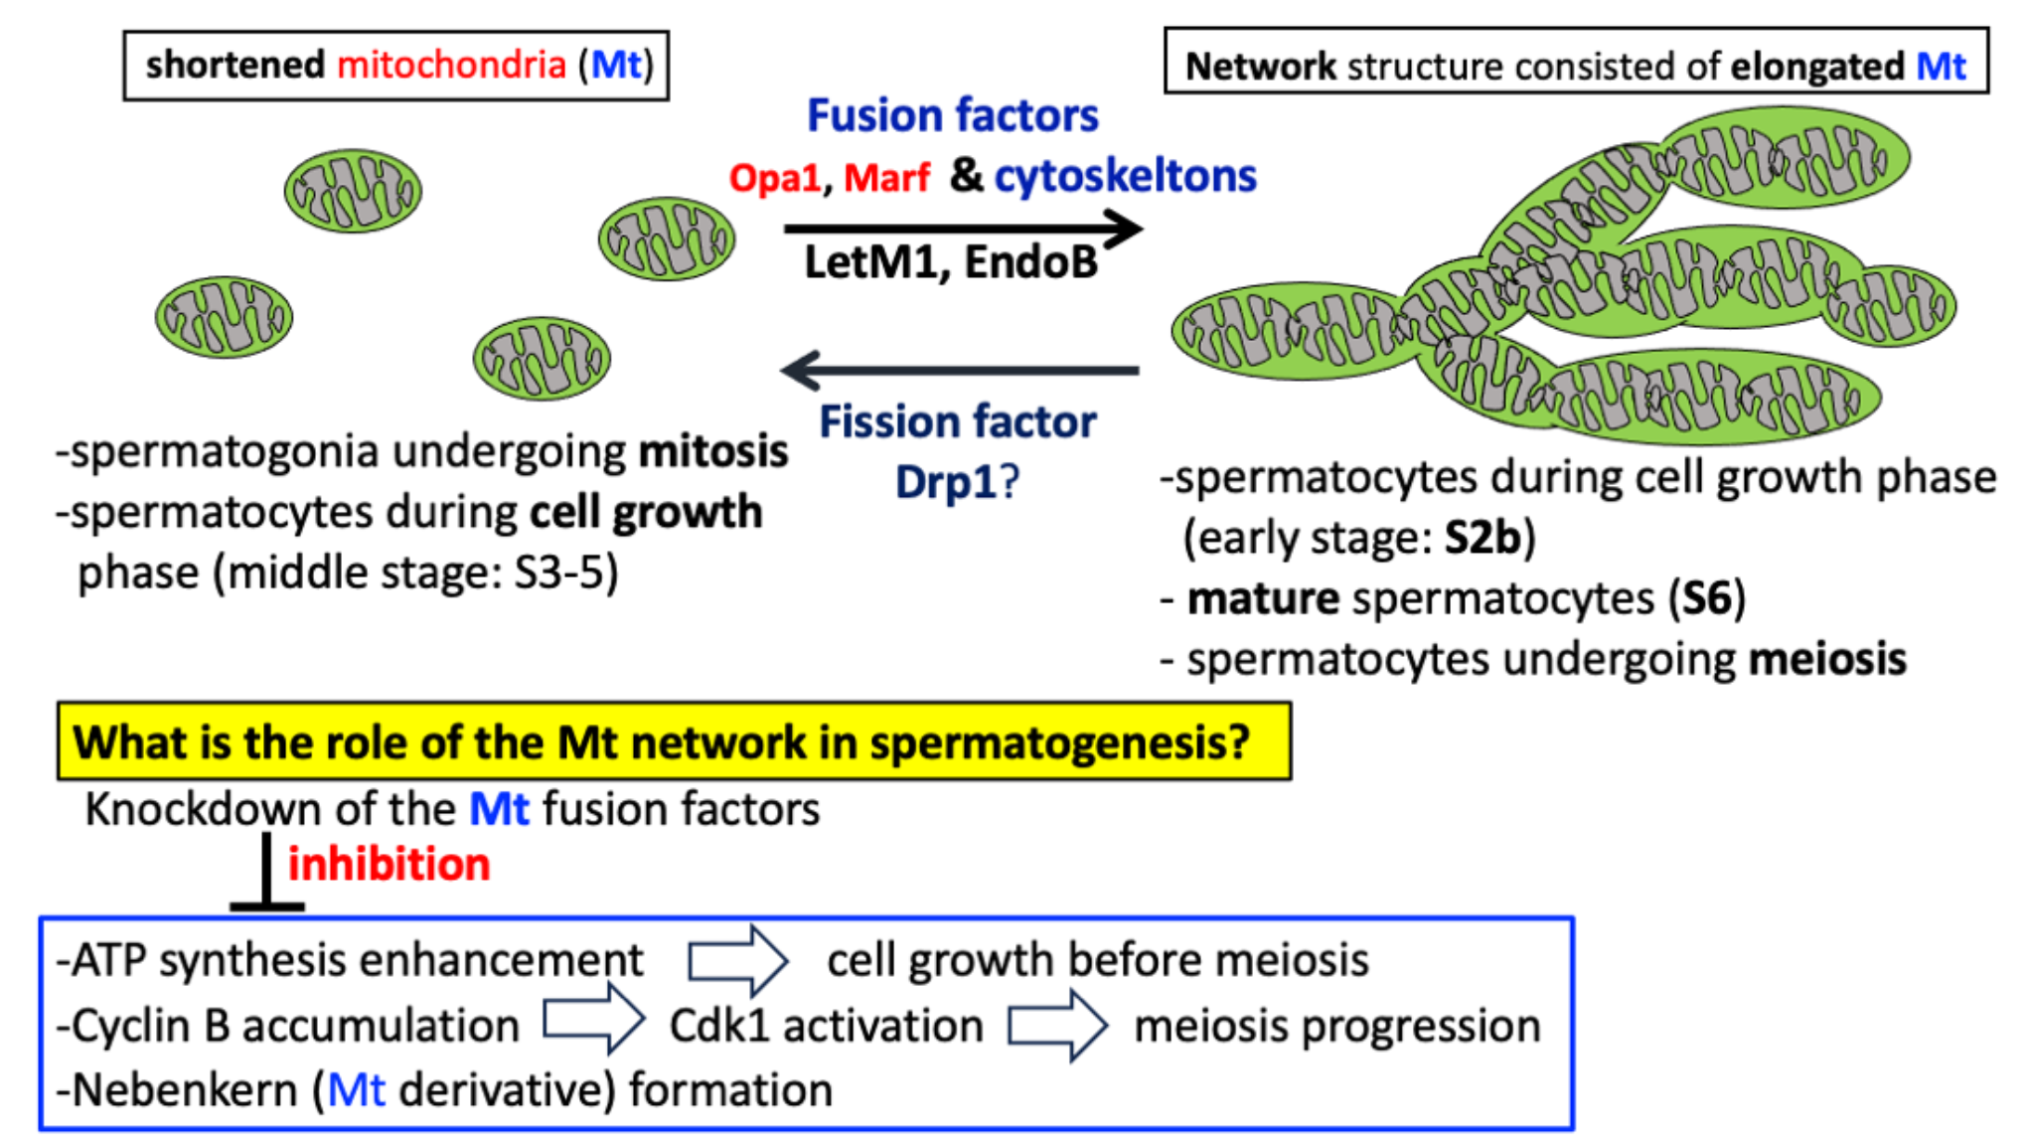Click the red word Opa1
tap(775, 179)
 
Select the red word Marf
tap(886, 179)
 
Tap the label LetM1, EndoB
tap(950, 263)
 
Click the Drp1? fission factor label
tap(957, 483)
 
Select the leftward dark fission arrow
tap(960, 370)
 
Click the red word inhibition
tap(389, 865)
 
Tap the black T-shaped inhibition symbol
tap(266, 875)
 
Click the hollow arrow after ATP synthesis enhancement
tap(737, 960)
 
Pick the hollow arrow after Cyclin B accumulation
tap(593, 1020)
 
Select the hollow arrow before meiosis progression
tap(1057, 1025)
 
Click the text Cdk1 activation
tap(826, 1026)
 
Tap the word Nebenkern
tap(185, 1090)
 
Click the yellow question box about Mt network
tap(674, 741)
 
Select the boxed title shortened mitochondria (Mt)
tap(396, 66)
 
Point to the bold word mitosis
tap(712, 452)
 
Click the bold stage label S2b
tap(1483, 538)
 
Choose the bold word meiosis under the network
tap(1826, 660)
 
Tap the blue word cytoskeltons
tap(1125, 177)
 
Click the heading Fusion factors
tap(952, 116)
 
